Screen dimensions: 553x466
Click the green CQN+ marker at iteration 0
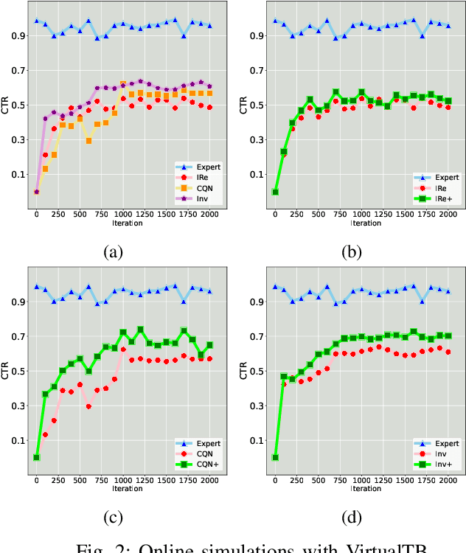pos(36,457)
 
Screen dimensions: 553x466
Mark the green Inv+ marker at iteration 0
pos(275,457)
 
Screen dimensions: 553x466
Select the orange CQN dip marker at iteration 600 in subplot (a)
pos(88,141)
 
